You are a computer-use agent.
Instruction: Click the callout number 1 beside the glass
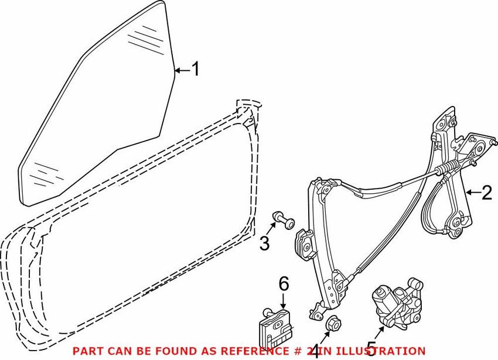click(x=196, y=69)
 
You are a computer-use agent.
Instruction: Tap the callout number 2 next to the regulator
click(x=486, y=193)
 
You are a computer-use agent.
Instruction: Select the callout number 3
click(x=264, y=243)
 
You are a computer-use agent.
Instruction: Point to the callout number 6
click(x=284, y=284)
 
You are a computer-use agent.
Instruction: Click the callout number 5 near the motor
click(x=371, y=348)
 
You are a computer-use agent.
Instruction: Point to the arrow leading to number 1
click(x=183, y=70)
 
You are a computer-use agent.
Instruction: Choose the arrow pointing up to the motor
click(x=379, y=334)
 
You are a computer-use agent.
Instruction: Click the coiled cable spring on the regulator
click(x=448, y=167)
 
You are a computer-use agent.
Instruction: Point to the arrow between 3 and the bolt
click(x=271, y=228)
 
